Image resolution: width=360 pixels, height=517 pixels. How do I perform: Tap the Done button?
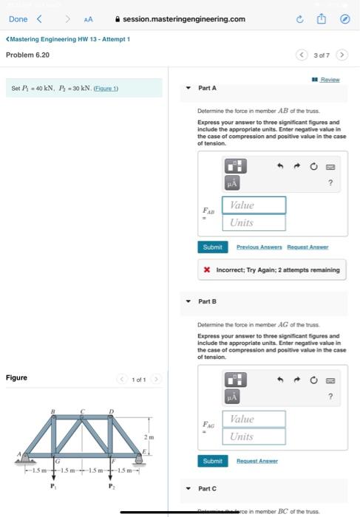18,19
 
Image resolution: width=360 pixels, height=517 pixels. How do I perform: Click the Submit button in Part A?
211,247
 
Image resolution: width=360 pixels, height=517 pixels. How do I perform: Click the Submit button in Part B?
211,461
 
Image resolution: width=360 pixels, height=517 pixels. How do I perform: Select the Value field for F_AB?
254,205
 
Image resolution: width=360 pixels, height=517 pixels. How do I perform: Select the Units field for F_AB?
254,222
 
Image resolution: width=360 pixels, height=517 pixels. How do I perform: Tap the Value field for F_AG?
254,419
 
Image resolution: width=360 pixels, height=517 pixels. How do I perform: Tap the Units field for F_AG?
254,436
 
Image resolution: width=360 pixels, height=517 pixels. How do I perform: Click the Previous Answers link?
258,247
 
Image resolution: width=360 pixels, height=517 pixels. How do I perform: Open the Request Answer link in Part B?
257,461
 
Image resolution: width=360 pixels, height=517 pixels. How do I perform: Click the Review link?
330,80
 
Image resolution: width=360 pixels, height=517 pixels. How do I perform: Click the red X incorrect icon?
208,270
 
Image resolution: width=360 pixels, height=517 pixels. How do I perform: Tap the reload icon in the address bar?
300,19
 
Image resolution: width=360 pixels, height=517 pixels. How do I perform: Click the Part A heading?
207,88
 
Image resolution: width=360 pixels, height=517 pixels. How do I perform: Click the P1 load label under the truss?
52,486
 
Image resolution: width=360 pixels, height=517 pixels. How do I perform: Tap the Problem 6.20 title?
27,55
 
